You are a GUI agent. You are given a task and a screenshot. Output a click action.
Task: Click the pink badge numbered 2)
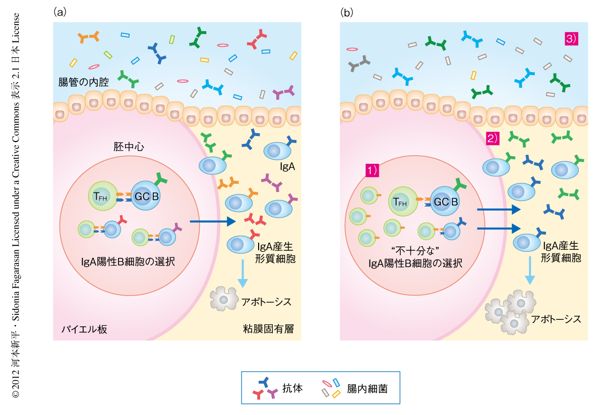(x=493, y=139)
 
